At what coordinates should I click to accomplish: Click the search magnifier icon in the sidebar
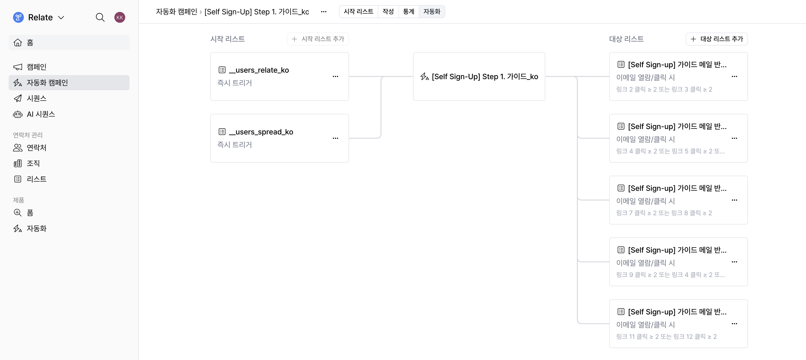100,18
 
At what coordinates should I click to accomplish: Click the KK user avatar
120,18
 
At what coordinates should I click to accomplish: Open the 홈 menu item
69,43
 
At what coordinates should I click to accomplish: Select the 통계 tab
408,12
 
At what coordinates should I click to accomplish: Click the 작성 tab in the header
388,12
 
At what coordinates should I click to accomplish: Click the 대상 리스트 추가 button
717,39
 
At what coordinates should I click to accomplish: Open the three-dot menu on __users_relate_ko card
336,76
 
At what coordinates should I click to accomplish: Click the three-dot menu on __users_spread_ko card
336,138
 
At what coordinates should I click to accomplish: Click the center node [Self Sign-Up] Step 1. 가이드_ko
479,76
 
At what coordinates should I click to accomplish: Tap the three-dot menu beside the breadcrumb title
324,12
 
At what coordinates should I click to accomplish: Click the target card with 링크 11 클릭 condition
678,323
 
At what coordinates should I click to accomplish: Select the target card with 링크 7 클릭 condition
678,200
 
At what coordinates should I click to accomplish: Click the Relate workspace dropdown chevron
61,18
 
